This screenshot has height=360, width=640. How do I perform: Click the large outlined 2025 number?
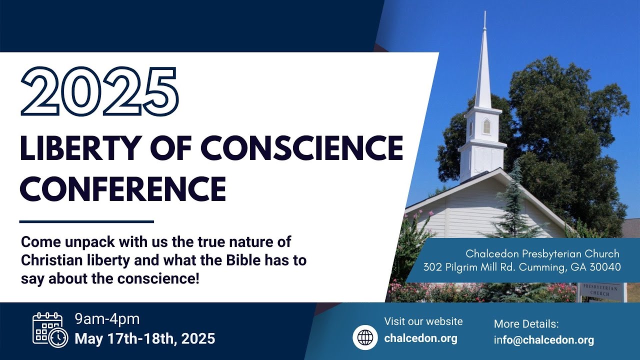[99, 91]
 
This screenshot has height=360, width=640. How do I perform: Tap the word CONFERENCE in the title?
[122, 188]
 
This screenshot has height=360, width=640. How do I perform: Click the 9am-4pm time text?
[107, 319]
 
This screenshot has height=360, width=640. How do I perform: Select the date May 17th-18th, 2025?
[145, 338]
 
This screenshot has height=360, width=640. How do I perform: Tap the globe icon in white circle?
[365, 337]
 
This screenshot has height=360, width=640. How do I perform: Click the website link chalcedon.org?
[420, 338]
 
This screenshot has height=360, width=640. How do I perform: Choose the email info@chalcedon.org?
[544, 340]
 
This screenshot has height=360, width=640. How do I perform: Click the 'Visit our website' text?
[423, 321]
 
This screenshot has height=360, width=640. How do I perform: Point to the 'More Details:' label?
[526, 323]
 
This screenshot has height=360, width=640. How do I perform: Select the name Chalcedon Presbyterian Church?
[542, 254]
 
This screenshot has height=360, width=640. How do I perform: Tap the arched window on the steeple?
[486, 126]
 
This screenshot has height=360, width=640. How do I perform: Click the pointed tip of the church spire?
[484, 13]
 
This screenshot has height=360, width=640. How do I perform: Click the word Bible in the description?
[243, 261]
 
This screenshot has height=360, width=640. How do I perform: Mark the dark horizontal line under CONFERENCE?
[86, 221]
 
